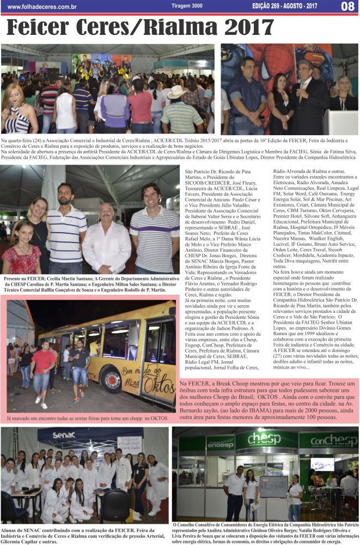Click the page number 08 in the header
(x=347, y=7)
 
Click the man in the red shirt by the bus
(x=42, y=371)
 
